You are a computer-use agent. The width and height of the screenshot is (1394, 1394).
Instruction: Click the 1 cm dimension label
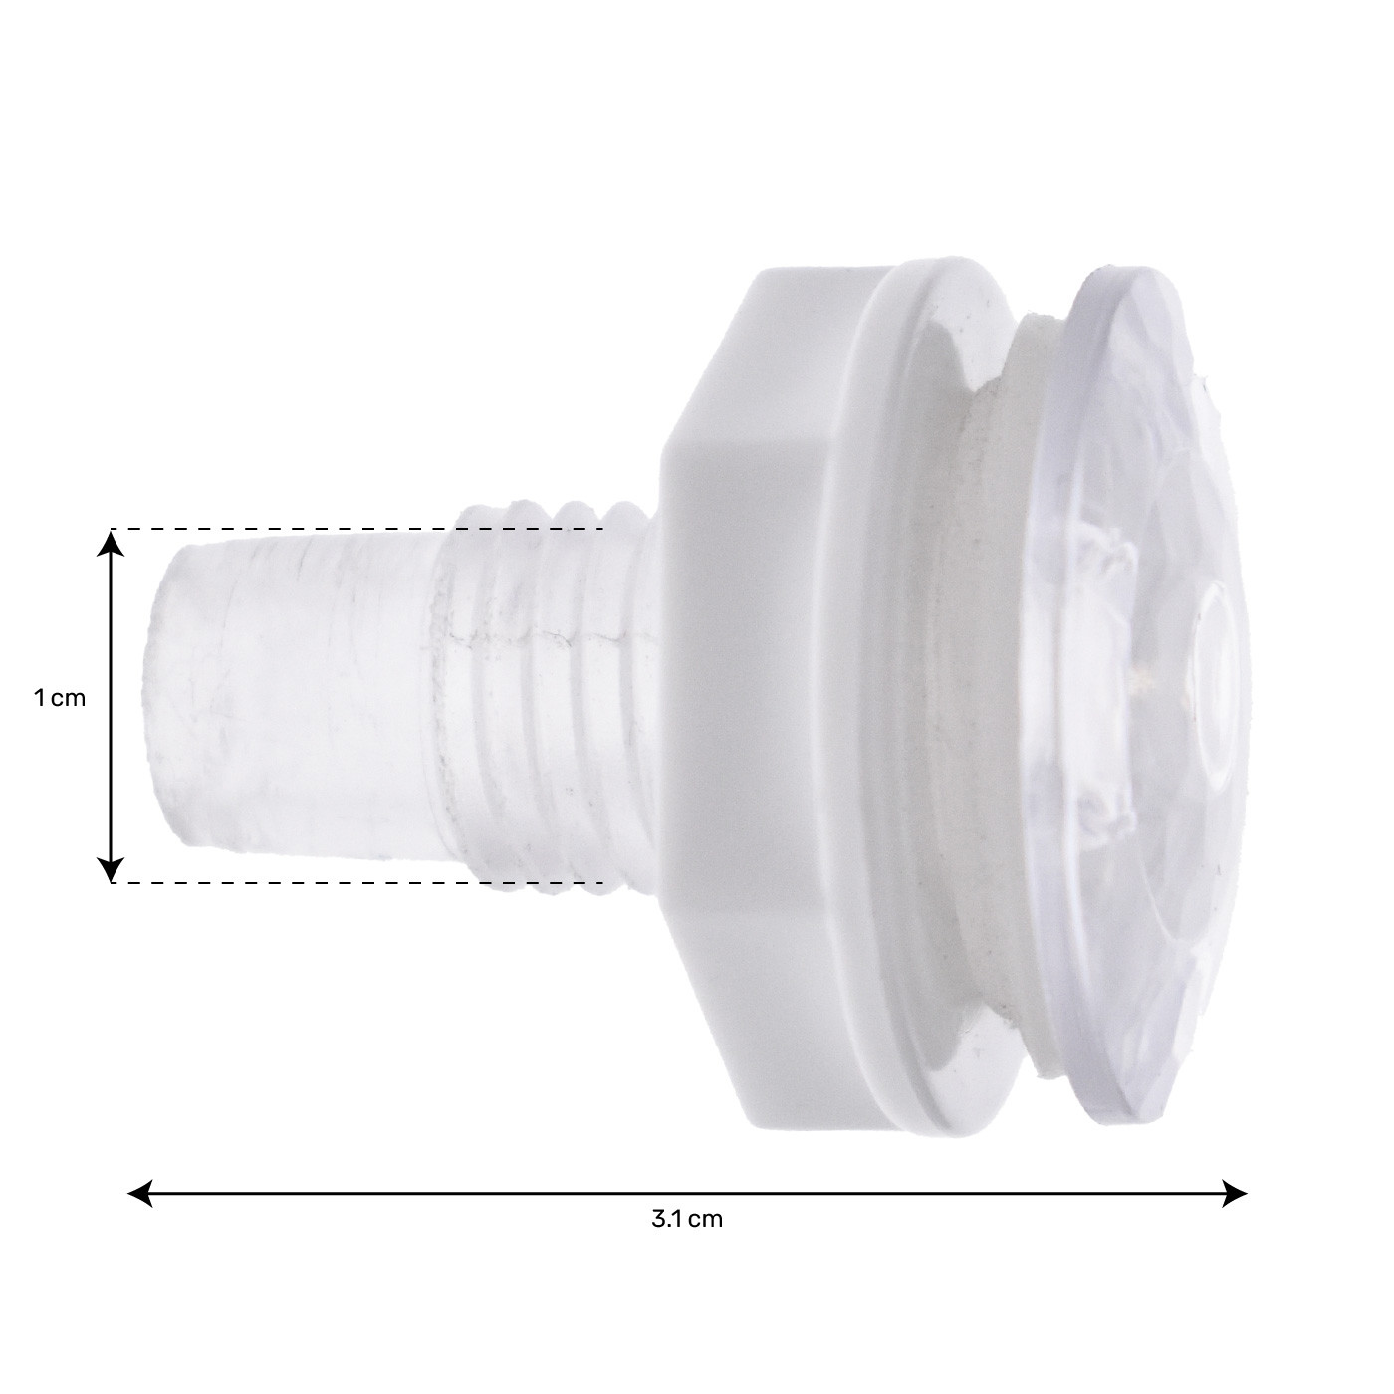point(60,698)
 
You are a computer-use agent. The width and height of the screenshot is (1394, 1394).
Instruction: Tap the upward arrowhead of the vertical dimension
point(110,543)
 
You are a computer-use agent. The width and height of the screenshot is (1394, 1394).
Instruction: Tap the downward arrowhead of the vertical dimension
point(110,869)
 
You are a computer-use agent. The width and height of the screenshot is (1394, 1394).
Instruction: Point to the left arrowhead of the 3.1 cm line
point(140,1193)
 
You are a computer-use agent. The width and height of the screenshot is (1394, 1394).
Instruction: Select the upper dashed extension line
point(358,530)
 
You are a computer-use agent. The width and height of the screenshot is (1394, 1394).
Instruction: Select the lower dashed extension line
point(358,882)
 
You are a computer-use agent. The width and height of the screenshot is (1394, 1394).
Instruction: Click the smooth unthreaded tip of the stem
point(297,698)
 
